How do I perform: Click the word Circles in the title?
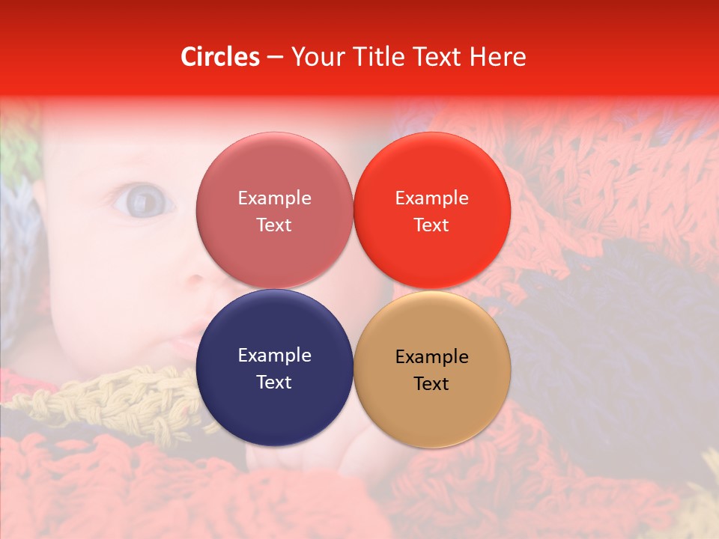pyautogui.click(x=219, y=57)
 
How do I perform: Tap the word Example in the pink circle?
pyautogui.click(x=274, y=198)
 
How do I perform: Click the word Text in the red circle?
pyautogui.click(x=431, y=225)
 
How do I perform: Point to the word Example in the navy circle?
pyautogui.click(x=274, y=356)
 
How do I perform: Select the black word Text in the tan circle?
pyautogui.click(x=431, y=384)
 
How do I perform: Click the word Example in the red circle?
pyautogui.click(x=431, y=198)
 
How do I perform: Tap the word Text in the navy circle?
pyautogui.click(x=274, y=383)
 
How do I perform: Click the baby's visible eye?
pyautogui.click(x=143, y=201)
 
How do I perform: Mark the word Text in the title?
pyautogui.click(x=441, y=57)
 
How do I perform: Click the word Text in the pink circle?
pyautogui.click(x=274, y=225)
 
